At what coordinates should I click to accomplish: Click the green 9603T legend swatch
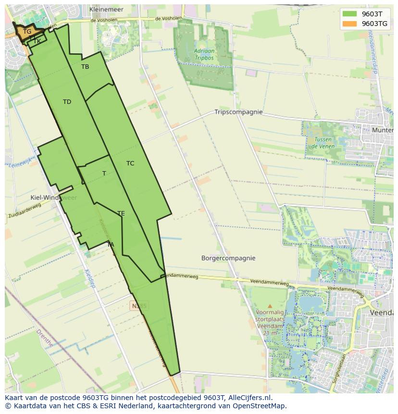(x=350, y=14)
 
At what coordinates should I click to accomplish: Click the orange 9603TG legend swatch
(x=350, y=24)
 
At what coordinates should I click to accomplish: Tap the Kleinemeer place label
(x=106, y=9)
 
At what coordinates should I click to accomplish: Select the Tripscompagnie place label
(x=238, y=112)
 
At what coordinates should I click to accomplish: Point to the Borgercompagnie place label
(x=228, y=258)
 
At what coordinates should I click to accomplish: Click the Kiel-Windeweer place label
(x=53, y=198)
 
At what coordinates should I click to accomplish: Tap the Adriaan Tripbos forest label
(x=204, y=54)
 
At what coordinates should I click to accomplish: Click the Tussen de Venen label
(x=322, y=142)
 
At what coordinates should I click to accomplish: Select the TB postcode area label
(x=85, y=67)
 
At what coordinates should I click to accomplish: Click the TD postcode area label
(x=67, y=102)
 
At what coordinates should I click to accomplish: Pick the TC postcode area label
(x=130, y=163)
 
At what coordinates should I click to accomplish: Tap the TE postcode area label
(x=121, y=213)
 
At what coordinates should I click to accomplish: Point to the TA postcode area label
(x=111, y=245)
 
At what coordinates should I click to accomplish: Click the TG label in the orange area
(x=27, y=32)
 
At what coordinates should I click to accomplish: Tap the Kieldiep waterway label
(x=90, y=277)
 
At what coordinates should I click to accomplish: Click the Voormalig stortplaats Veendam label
(x=270, y=319)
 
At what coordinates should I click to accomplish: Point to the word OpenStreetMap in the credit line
(x=260, y=406)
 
